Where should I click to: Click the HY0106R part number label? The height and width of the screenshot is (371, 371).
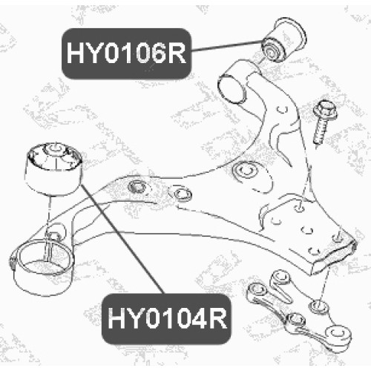(x=126, y=53)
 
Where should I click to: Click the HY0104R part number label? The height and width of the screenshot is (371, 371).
(x=166, y=319)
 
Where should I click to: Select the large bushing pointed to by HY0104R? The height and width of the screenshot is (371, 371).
(x=54, y=168)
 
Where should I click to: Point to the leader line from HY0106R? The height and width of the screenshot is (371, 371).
(x=226, y=46)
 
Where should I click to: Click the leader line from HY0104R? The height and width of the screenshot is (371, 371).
(x=122, y=239)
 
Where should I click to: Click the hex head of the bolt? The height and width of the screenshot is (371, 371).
(x=325, y=111)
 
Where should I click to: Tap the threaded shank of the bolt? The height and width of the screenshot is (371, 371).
(x=320, y=131)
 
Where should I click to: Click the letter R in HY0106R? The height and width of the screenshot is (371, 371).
(x=177, y=53)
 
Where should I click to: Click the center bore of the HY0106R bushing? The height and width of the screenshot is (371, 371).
(x=269, y=51)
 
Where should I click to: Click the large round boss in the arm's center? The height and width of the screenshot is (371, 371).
(x=245, y=170)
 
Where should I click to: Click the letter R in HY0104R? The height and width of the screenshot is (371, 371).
(x=217, y=319)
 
